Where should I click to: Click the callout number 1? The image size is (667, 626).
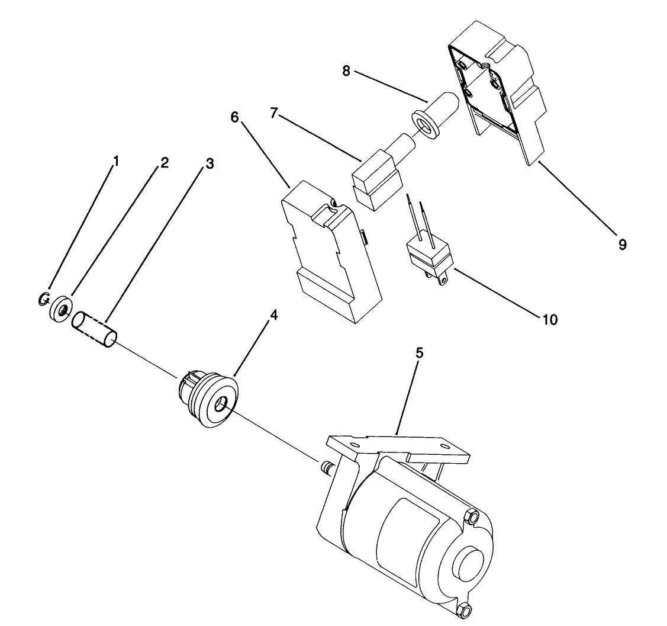point(116,160)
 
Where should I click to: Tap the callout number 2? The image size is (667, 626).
point(164,163)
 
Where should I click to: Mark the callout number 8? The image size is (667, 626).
point(347,70)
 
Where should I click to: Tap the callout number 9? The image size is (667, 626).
point(622,243)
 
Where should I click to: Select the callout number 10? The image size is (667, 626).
point(550,319)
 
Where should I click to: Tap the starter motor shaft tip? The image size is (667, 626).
point(324,468)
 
